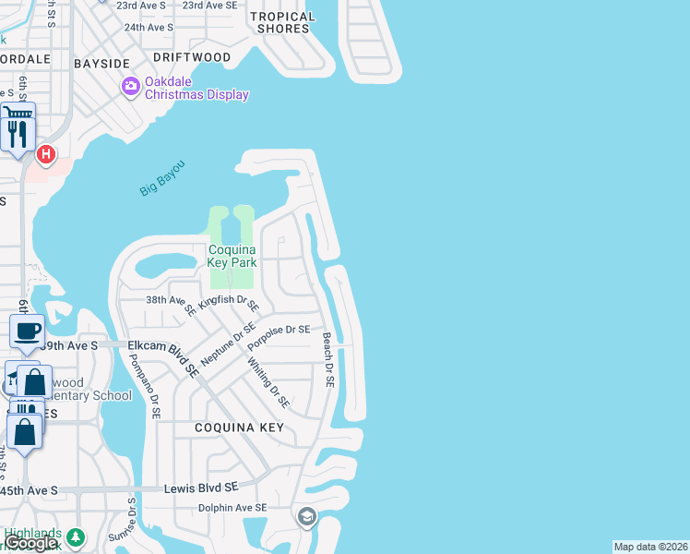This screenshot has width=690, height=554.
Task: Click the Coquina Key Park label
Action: click(231, 256)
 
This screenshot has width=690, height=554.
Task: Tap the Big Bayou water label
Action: click(162, 177)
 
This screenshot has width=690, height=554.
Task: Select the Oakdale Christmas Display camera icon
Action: click(131, 87)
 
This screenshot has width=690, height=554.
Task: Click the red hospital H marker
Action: click(45, 153)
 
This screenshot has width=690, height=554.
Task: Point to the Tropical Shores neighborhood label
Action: click(282, 22)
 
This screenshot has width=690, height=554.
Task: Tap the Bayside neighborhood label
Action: click(102, 63)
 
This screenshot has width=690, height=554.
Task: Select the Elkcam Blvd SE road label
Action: click(164, 356)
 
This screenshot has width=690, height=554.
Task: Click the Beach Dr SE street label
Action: click(327, 360)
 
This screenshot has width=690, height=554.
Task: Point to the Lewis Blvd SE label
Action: click(201, 487)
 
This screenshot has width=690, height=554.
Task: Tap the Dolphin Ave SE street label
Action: click(232, 508)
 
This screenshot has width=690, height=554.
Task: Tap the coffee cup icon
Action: click(28, 330)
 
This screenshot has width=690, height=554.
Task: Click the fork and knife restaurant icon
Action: click(18, 135)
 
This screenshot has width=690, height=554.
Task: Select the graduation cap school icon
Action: click(306, 516)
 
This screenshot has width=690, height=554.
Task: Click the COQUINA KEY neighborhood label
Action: click(239, 428)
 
